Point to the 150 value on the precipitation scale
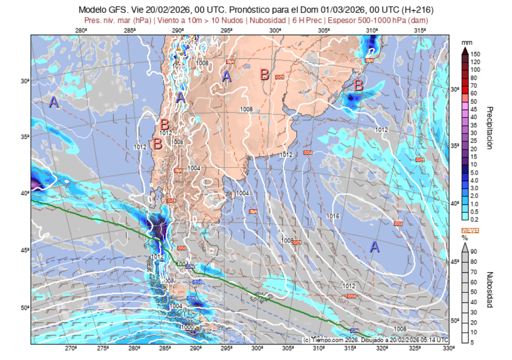pyautogui.click(x=475, y=54)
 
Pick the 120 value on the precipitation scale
pyautogui.click(x=475, y=61)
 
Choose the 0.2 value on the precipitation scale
pyautogui.click(x=474, y=219)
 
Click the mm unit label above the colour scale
pyautogui.click(x=466, y=42)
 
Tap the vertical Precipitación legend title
pyautogui.click(x=490, y=127)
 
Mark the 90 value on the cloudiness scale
pyautogui.click(x=473, y=251)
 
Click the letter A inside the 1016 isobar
pyautogui.click(x=374, y=246)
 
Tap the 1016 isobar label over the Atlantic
pyautogui.click(x=332, y=216)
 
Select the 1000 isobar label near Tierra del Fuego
pyautogui.click(x=186, y=326)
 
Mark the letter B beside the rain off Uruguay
pyautogui.click(x=358, y=85)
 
